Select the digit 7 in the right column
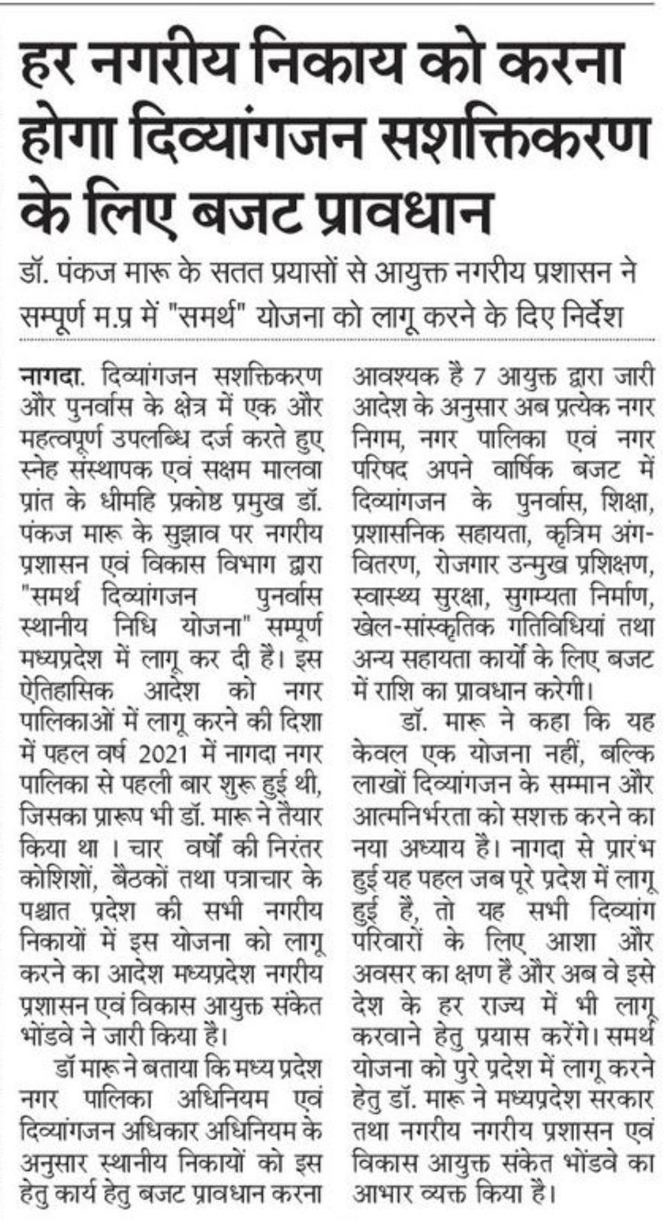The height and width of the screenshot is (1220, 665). [477, 378]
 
